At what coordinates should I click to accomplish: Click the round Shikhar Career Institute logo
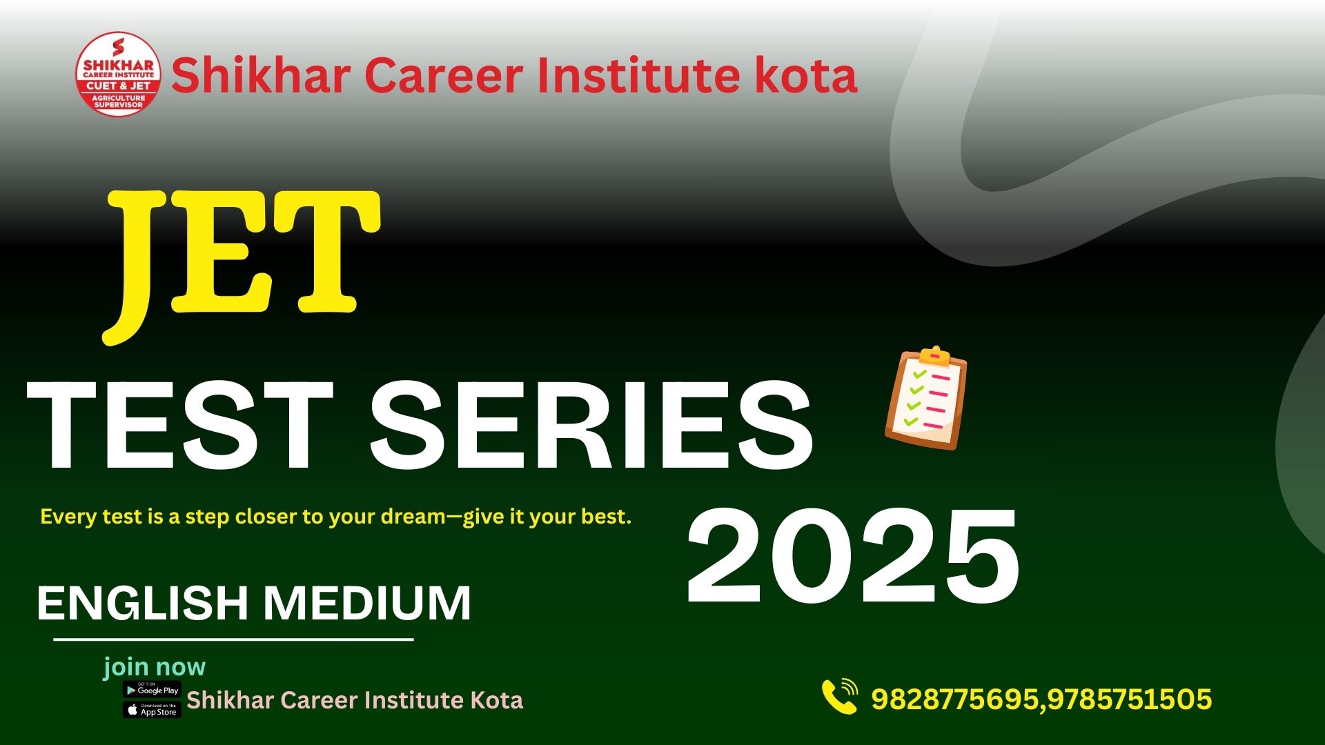[x=118, y=74]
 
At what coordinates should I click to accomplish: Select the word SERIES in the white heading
[x=591, y=426]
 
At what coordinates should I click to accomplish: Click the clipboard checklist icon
[x=926, y=398]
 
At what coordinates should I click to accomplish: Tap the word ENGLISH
[x=142, y=603]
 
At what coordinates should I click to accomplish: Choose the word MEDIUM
[x=368, y=603]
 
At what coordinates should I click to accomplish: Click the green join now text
[x=155, y=667]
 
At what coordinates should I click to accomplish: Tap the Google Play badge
[x=152, y=690]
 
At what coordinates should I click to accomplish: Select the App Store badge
[x=152, y=710]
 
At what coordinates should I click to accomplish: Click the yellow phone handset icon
[x=839, y=697]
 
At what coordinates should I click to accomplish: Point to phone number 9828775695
[x=954, y=699]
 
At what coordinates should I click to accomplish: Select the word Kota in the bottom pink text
[x=496, y=700]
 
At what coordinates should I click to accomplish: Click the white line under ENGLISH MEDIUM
[x=233, y=639]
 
